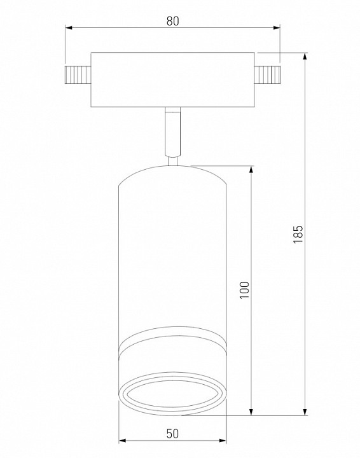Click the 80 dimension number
[172, 22]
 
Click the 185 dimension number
[298, 234]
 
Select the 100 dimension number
[244, 290]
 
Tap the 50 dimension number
[172, 433]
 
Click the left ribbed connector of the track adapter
[78, 75]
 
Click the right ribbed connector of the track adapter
[267, 75]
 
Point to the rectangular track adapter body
[172, 80]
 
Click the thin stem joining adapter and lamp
[172, 132]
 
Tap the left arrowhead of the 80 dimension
[69, 28]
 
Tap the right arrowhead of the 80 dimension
[277, 28]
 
